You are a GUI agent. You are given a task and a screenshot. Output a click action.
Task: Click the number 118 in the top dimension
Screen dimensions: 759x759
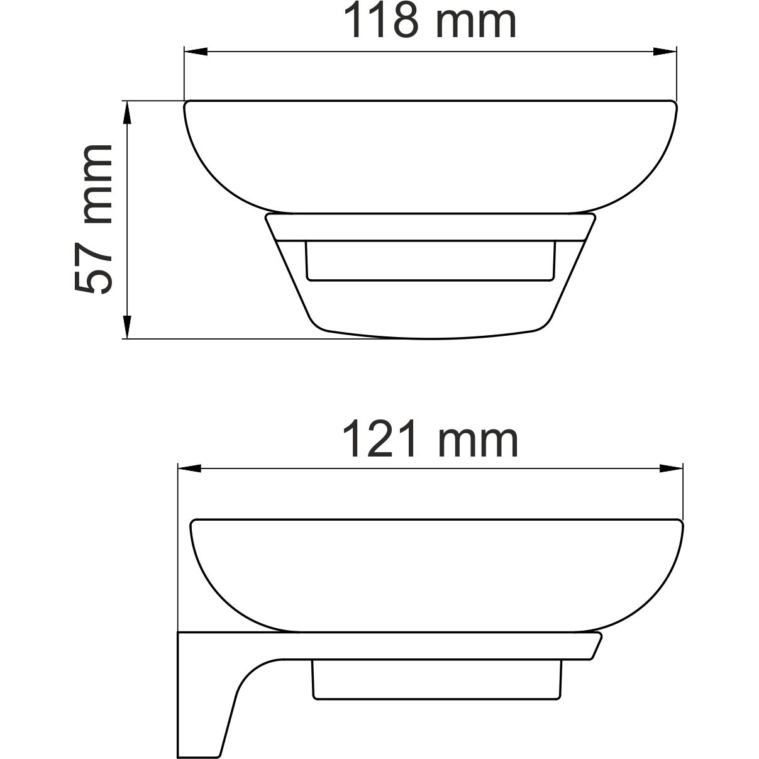(x=383, y=21)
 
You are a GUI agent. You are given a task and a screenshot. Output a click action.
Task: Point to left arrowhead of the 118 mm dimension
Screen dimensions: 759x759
(x=194, y=52)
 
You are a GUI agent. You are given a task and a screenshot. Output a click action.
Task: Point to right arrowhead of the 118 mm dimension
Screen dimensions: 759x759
(x=665, y=52)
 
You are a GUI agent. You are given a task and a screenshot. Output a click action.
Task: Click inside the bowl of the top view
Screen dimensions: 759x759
(x=430, y=157)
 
